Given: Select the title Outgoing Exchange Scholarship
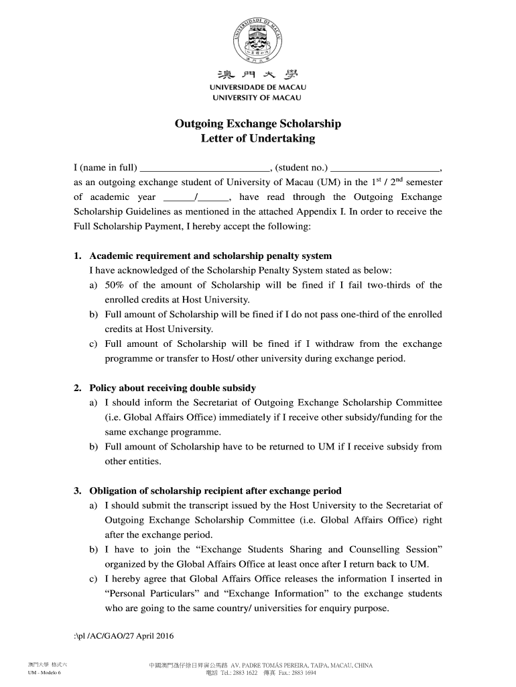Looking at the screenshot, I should [x=258, y=124].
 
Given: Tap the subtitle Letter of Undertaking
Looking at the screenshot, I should [x=258, y=139].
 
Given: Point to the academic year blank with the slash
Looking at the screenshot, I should [x=195, y=198].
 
